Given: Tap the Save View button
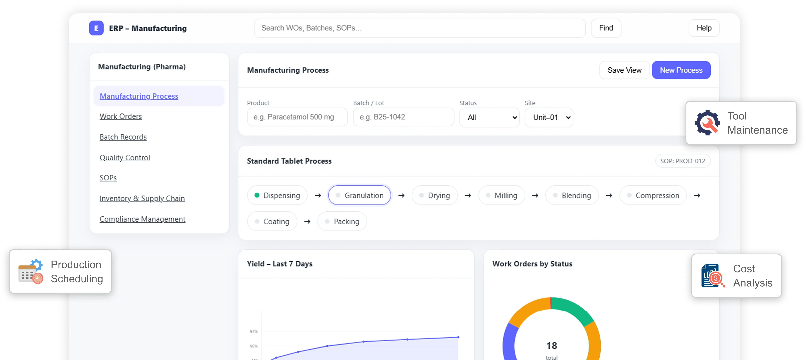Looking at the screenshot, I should (x=624, y=70).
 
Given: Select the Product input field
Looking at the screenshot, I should (x=297, y=117).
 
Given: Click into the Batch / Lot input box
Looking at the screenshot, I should (x=403, y=117).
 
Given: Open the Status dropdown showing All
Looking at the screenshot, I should (x=489, y=117).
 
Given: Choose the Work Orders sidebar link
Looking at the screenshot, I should (x=121, y=116).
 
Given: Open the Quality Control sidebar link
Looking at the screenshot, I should (x=124, y=158).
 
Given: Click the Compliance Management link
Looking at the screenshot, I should (x=142, y=219).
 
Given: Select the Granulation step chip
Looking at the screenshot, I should (x=359, y=195).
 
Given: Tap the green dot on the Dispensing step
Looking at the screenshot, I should (x=257, y=195).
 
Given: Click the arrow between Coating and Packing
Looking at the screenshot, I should (x=307, y=222).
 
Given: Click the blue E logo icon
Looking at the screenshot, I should (x=96, y=28).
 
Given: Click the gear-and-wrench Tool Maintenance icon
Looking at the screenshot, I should (x=707, y=123).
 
